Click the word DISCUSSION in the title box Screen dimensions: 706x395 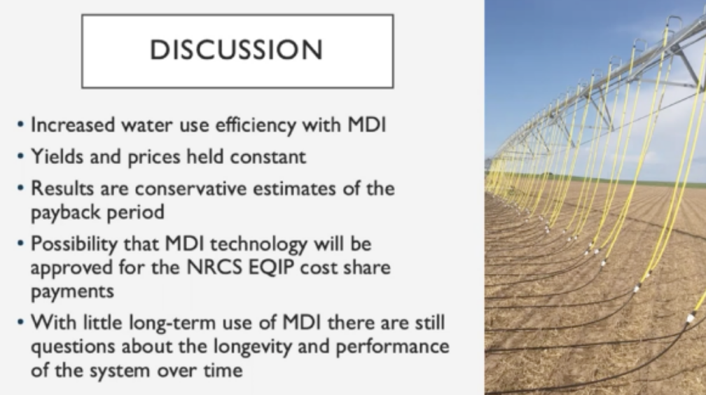pyautogui.click(x=237, y=50)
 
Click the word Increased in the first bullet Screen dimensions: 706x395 pyautogui.click(x=73, y=125)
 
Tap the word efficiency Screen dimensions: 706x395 pyautogui.click(x=256, y=125)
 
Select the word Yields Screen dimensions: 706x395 pyautogui.click(x=57, y=157)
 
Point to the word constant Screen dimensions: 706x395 pyautogui.click(x=268, y=157)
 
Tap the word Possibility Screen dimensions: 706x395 pyautogui.click(x=74, y=244)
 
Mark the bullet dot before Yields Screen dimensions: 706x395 pyautogui.click(x=20, y=156)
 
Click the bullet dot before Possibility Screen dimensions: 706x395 pyautogui.click(x=20, y=244)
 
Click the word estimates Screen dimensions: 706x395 pyautogui.click(x=294, y=188)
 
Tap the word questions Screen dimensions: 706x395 pyautogui.click(x=73, y=347)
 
